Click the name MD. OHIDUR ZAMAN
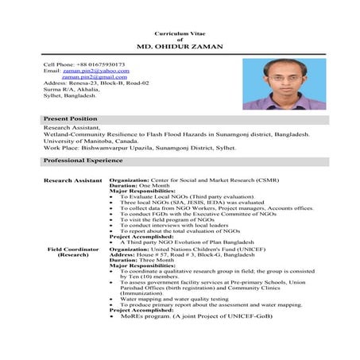pyautogui.click(x=180, y=47)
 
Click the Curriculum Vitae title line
pyautogui.click(x=180, y=31)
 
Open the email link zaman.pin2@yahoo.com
pyautogui.click(x=95, y=71)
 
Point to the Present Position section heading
pyautogui.click(x=70, y=118)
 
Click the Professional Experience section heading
pyautogui.click(x=83, y=160)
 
